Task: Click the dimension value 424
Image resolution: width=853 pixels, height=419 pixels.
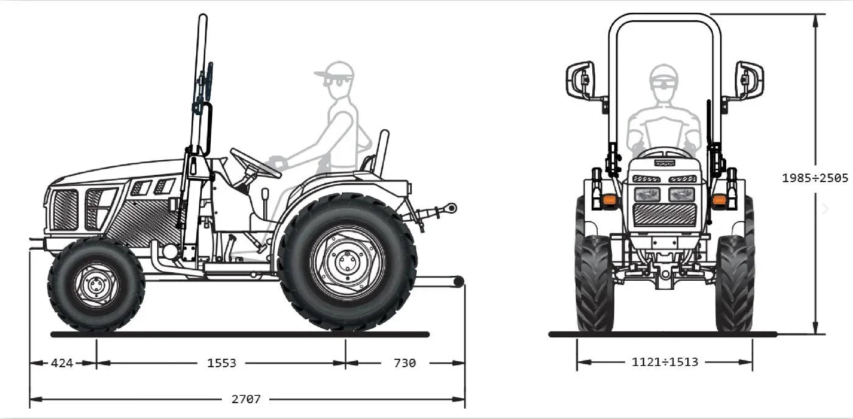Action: [x=62, y=363]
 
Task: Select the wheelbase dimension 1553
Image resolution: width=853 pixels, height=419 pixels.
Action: [x=222, y=363]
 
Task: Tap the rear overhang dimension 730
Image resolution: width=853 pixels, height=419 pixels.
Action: [x=405, y=363]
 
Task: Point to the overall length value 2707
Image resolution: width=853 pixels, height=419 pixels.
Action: [x=246, y=400]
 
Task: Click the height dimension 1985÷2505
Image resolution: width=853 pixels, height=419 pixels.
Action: [x=815, y=178]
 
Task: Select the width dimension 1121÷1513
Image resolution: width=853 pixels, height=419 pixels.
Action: [x=665, y=362]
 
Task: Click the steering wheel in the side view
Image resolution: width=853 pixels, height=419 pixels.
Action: [x=255, y=163]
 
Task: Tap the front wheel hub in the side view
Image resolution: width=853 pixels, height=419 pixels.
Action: [x=96, y=284]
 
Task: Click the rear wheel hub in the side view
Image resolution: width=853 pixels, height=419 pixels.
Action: [x=347, y=262]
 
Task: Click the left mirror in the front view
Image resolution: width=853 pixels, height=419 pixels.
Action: [x=580, y=80]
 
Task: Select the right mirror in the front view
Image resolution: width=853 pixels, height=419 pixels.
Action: [x=749, y=80]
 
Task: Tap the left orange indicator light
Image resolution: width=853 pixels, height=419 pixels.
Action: [x=609, y=199]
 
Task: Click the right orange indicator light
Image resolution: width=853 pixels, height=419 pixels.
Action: [x=720, y=199]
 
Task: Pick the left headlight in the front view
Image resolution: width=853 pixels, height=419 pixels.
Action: [x=647, y=195]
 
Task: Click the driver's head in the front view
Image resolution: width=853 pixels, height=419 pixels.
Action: [x=664, y=82]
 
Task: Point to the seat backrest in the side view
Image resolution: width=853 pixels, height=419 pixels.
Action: [x=382, y=146]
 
